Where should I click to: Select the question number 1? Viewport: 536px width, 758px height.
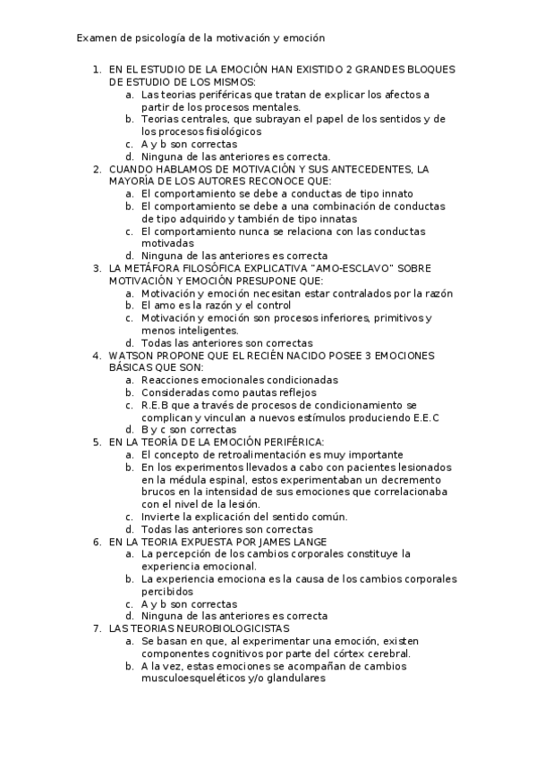[96, 69]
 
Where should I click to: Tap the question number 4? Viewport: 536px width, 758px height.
[96, 355]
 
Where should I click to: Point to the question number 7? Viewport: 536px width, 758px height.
[96, 628]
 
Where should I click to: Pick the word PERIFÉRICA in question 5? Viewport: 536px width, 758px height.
[293, 442]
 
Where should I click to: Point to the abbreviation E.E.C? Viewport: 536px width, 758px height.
[424, 417]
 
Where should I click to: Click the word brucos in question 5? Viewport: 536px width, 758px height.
[159, 492]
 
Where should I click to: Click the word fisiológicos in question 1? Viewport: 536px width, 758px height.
[208, 131]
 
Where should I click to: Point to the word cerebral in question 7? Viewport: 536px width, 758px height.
[387, 653]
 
